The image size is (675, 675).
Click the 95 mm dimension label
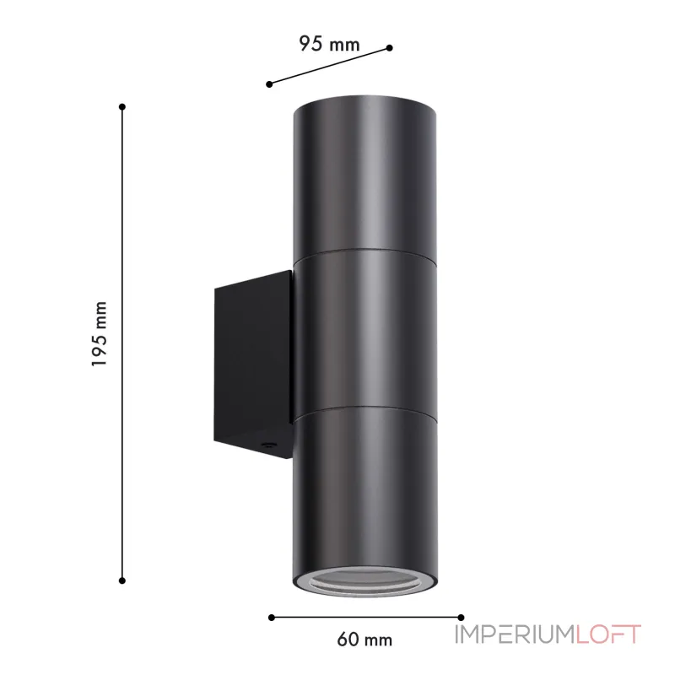[329, 44]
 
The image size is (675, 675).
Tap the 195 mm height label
[99, 334]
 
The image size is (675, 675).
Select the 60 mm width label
[364, 640]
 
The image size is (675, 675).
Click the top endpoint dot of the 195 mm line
[122, 106]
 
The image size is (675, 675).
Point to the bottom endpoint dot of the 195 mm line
[122, 580]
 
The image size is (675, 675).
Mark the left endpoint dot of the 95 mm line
[269, 84]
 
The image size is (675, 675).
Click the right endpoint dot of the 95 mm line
[390, 48]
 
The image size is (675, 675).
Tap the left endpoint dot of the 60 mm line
[271, 618]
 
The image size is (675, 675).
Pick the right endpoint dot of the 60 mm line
[461, 618]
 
